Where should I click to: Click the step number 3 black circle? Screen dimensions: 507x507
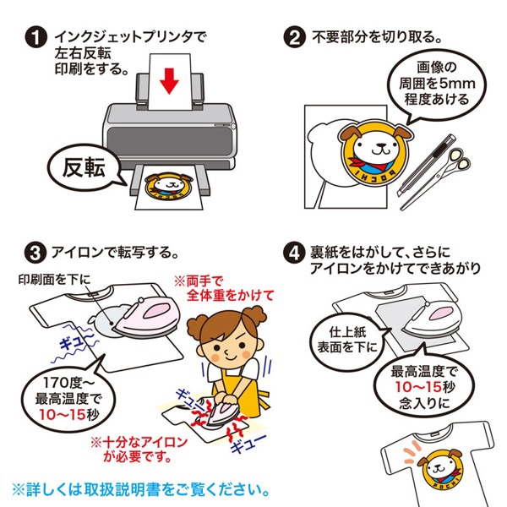[x=35, y=252]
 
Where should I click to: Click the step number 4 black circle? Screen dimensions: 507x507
[x=293, y=252]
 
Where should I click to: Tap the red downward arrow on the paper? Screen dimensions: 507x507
[x=171, y=82]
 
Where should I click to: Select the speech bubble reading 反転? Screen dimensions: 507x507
[x=82, y=166]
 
